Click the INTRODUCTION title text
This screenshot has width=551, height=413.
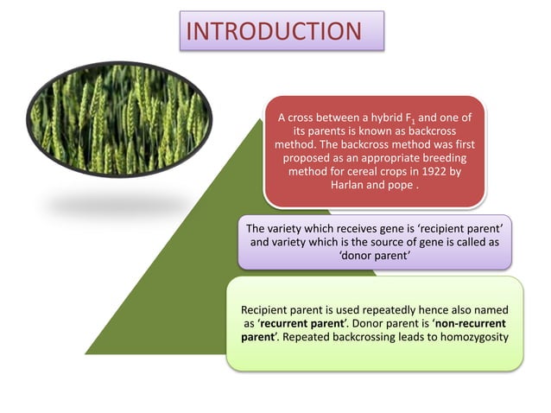pos(275,31)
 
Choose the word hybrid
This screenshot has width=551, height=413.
pos(383,116)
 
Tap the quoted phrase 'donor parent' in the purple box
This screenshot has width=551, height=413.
pos(374,256)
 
